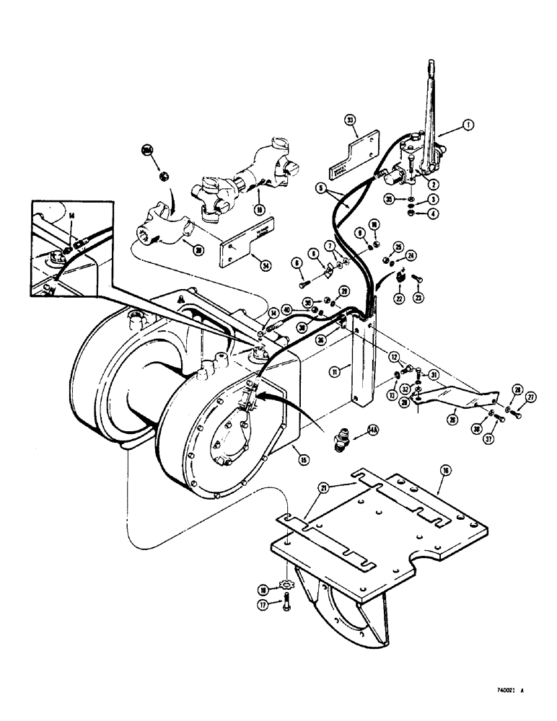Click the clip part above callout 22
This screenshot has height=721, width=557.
click(x=399, y=275)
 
